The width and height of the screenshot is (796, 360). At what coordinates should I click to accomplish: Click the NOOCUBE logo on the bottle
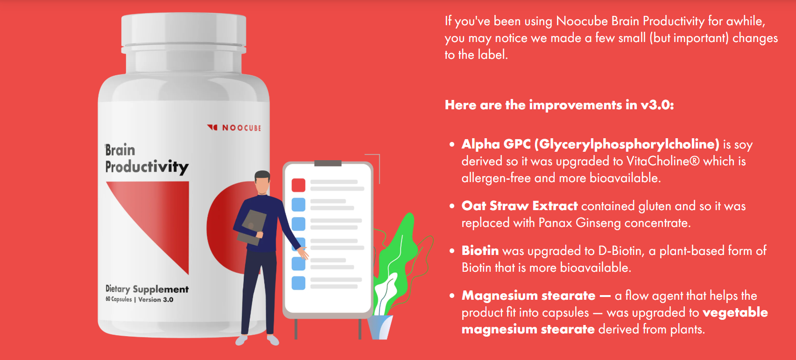tap(234, 127)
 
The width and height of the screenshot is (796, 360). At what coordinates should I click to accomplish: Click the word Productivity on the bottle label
tap(147, 167)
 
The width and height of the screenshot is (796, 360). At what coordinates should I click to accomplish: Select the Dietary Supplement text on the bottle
tap(147, 289)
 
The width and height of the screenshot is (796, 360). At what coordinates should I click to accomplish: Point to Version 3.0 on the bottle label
tap(155, 300)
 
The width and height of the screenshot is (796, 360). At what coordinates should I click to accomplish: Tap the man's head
tap(262, 182)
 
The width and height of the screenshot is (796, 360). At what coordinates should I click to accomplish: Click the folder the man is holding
tap(252, 227)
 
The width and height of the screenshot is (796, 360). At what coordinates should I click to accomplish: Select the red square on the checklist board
tap(298, 185)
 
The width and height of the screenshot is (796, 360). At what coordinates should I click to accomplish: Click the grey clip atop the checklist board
tap(328, 163)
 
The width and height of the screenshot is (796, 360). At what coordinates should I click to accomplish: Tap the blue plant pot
tap(380, 327)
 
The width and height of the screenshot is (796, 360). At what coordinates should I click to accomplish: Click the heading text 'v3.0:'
tap(657, 105)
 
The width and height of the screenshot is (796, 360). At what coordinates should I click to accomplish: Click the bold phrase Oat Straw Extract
tap(520, 206)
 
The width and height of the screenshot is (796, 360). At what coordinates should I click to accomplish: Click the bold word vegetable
tap(735, 313)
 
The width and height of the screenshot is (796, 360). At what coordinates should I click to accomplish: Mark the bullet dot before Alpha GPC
tap(451, 144)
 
